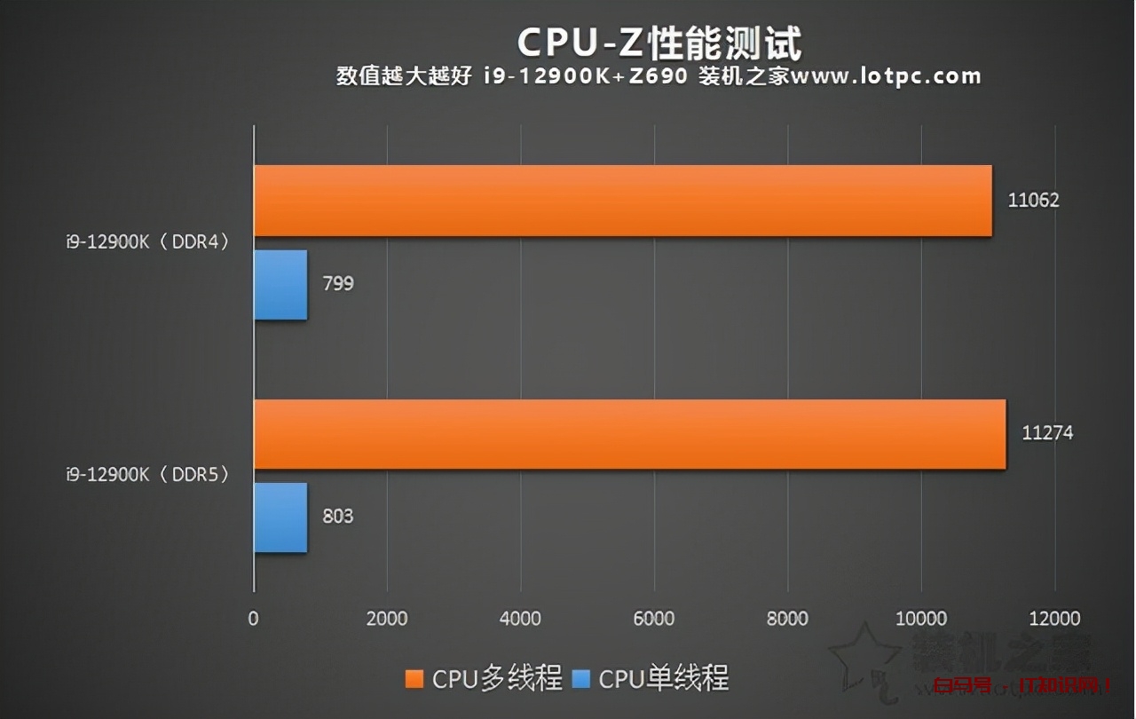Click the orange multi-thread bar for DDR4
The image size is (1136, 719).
click(x=621, y=201)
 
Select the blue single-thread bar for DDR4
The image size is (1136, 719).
click(x=280, y=285)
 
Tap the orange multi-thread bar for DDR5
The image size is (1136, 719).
click(x=629, y=434)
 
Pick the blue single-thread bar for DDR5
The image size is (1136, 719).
click(x=280, y=518)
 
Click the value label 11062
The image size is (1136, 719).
click(x=1033, y=200)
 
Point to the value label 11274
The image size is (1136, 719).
click(x=1047, y=433)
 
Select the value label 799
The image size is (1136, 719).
click(x=338, y=284)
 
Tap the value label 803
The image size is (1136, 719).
click(x=338, y=516)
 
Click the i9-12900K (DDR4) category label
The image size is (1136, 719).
click(x=147, y=241)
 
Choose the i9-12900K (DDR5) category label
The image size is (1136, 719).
click(x=147, y=475)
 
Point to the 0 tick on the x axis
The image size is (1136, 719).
click(x=254, y=619)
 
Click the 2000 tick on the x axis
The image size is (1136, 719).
click(x=387, y=619)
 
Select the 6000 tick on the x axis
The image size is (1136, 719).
click(x=654, y=619)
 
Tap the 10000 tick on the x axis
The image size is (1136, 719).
click(x=921, y=619)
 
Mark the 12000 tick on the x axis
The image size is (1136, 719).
click(x=1054, y=619)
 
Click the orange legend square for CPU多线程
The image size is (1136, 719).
click(x=414, y=679)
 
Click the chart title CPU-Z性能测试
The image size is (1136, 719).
click(x=659, y=42)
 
